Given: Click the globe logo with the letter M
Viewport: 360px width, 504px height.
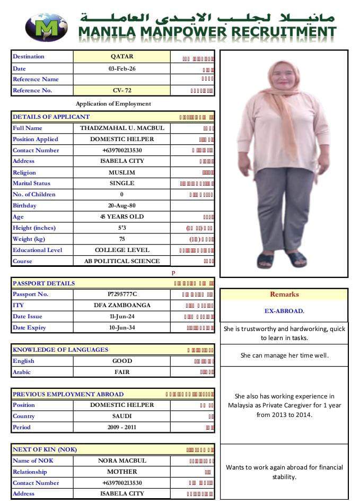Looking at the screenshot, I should [46, 28].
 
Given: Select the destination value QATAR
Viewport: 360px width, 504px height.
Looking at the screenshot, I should [122, 57].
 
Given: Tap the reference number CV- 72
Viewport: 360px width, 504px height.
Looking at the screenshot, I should [122, 90].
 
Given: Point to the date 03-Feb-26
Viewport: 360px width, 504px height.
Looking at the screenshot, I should [122, 68].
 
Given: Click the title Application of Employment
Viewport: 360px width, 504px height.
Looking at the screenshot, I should [113, 104].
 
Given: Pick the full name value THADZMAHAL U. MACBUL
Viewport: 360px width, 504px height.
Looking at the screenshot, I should [122, 128].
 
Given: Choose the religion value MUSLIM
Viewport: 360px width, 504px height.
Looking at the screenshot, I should [122, 172].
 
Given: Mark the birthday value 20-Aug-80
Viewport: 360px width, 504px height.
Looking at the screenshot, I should [122, 205].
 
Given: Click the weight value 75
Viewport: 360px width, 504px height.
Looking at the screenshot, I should [122, 239].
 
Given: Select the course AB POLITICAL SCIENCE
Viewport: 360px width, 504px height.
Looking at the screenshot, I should [122, 261].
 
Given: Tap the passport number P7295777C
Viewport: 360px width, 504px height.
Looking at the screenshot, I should [122, 294].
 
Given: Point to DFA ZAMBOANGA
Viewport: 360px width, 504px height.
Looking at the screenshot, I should [122, 305].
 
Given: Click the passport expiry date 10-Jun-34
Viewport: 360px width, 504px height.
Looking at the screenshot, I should [122, 327].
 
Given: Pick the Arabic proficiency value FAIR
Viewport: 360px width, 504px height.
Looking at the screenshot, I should [122, 372].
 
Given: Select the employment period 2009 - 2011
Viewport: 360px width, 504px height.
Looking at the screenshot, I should [122, 427].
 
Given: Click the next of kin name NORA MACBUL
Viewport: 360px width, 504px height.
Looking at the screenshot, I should [122, 460].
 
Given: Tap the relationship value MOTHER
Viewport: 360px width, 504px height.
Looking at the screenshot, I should [122, 472].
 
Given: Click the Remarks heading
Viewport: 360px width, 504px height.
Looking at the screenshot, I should [284, 294].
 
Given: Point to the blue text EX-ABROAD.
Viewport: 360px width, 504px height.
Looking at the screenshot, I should [284, 311].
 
